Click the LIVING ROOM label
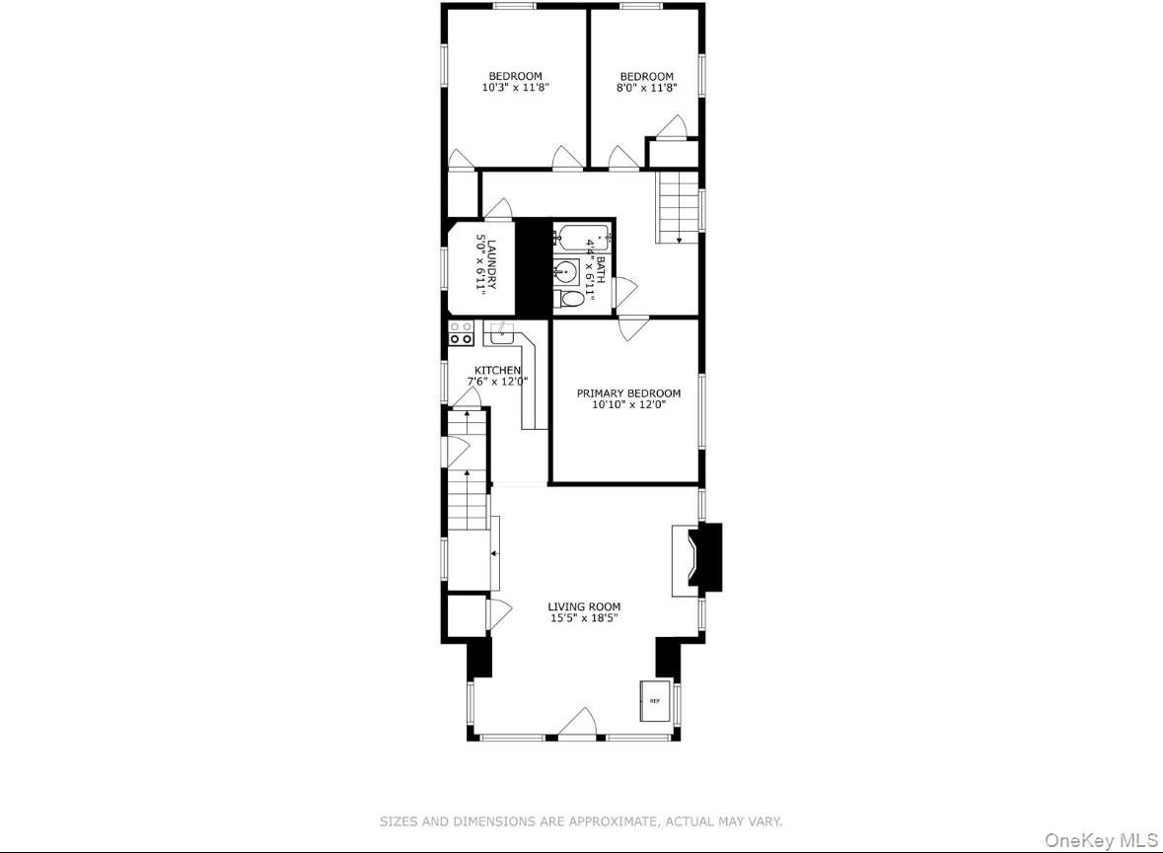pos(585,607)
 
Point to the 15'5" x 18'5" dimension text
pos(585,619)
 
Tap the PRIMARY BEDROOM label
pos(628,393)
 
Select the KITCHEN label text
pos(497,370)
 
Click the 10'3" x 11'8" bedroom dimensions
pos(515,88)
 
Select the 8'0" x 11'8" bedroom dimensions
pos(646,88)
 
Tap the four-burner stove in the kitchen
pos(461,332)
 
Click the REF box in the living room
pos(654,700)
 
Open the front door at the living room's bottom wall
pos(577,724)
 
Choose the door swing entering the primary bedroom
pos(632,328)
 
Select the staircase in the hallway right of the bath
pos(677,207)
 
